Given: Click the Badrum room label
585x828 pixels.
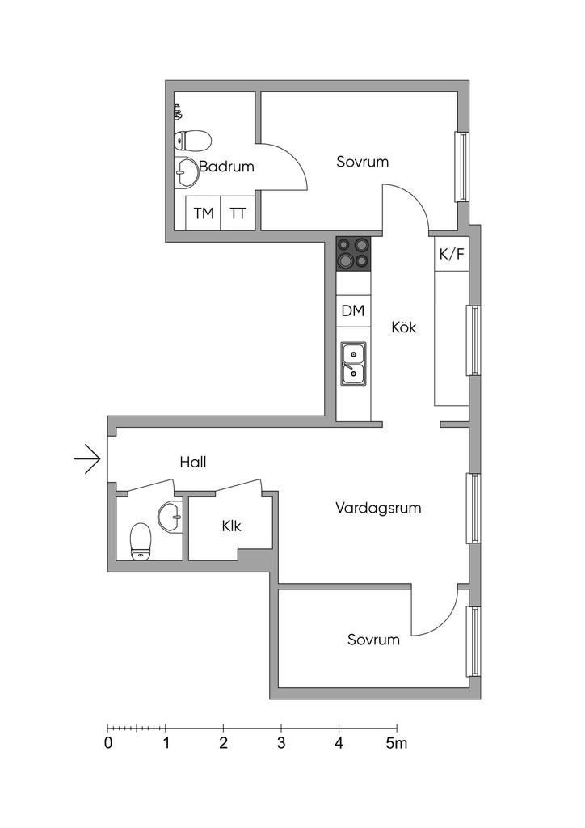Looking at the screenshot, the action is [226, 167].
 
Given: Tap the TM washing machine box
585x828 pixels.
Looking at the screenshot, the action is [204, 213].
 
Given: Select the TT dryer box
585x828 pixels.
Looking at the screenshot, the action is [238, 213].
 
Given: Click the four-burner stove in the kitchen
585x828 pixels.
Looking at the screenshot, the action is [353, 252].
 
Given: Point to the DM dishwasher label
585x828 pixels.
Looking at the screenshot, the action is [352, 310].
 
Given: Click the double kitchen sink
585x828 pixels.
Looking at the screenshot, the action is [353, 363].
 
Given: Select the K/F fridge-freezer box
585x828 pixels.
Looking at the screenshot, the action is [452, 255].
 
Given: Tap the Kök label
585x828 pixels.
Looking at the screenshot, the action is [404, 327].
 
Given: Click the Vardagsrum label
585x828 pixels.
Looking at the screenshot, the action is [378, 509].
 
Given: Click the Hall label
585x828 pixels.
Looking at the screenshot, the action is [193, 463].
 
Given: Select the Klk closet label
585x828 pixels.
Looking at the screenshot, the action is [232, 526].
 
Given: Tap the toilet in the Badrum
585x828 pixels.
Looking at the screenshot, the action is [192, 141].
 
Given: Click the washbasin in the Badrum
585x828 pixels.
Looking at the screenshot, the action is [187, 171].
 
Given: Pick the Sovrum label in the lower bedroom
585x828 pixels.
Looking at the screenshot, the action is [373, 640].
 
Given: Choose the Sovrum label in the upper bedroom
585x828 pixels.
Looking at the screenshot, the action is [362, 162].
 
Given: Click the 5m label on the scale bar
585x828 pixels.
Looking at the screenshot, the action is [396, 744].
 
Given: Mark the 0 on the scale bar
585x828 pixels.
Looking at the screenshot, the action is [108, 744].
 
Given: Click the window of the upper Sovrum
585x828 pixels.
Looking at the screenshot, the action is [463, 167].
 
